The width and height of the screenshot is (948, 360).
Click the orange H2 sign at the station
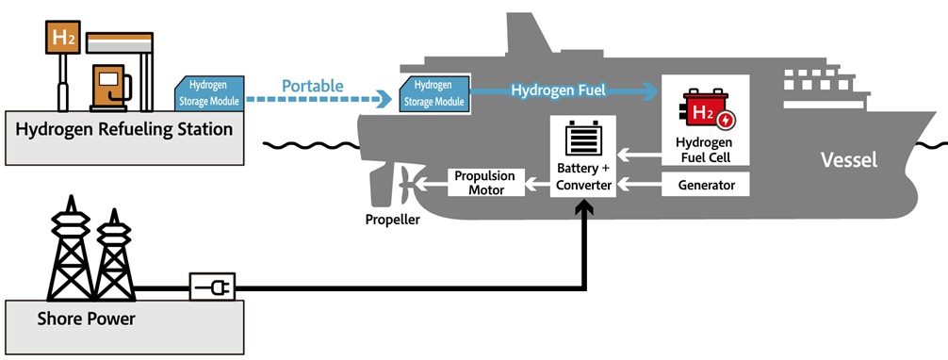[x=63, y=38]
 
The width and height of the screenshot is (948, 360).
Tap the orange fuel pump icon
[x=110, y=88]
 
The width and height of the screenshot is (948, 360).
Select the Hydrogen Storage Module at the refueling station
[x=209, y=93]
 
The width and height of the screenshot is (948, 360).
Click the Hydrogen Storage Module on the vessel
[x=434, y=94]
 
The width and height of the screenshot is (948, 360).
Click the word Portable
[x=313, y=86]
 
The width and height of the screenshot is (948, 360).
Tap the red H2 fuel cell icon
[x=706, y=110]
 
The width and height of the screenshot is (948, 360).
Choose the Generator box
[x=706, y=185]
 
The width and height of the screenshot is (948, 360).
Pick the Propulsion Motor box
[x=485, y=183]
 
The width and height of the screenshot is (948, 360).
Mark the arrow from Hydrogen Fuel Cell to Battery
[x=639, y=155]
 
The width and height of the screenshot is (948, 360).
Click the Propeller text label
[x=392, y=219]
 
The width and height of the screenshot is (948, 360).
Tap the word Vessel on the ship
[x=849, y=160]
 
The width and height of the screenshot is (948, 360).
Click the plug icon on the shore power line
[x=212, y=286]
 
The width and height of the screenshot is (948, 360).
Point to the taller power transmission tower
[x=71, y=248]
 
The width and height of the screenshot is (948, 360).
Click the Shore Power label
[x=87, y=319]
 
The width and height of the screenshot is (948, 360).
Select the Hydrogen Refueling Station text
[x=124, y=129]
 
